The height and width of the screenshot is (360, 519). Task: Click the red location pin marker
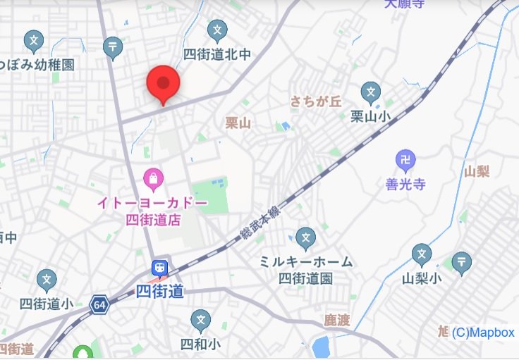pyautogui.click(x=164, y=85)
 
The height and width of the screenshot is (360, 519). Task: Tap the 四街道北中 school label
pyautogui.click(x=217, y=54)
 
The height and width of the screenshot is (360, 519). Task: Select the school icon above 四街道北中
pyautogui.click(x=218, y=31)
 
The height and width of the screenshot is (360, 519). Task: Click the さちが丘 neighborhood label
pyautogui.click(x=315, y=101)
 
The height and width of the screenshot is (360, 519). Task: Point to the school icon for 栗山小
pyautogui.click(x=371, y=92)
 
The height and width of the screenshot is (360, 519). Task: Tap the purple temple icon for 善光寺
pyautogui.click(x=405, y=161)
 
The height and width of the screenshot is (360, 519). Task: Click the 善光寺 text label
pyautogui.click(x=405, y=185)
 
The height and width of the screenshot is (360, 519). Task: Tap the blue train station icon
pyautogui.click(x=160, y=268)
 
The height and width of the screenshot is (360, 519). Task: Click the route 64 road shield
pyautogui.click(x=99, y=306)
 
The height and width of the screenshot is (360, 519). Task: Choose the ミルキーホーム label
pyautogui.click(x=305, y=261)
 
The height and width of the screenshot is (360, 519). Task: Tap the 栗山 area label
pyautogui.click(x=238, y=123)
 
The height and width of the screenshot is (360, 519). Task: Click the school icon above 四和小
pyautogui.click(x=201, y=321)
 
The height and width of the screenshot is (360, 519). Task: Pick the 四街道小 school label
pyautogui.click(x=47, y=304)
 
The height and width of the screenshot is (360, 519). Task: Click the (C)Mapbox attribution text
pyautogui.click(x=483, y=333)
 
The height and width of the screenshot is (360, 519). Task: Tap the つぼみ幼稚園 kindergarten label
pyautogui.click(x=38, y=64)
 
